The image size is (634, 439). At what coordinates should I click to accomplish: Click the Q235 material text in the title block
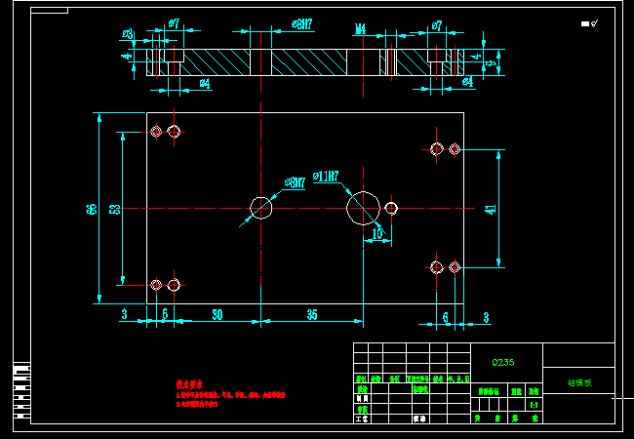[503, 362]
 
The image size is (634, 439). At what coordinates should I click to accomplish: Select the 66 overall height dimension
[91, 209]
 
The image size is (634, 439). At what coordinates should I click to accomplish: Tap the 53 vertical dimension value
[115, 209]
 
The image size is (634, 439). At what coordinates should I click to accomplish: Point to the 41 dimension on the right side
[490, 207]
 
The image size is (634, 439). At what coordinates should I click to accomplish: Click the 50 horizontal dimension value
[217, 314]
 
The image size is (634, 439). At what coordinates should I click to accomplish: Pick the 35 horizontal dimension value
[312, 314]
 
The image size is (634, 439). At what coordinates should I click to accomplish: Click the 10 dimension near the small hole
[377, 234]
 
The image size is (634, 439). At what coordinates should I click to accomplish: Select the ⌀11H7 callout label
[326, 178]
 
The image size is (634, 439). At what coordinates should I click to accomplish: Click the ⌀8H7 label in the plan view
[296, 182]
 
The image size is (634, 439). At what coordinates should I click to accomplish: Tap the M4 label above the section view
[360, 29]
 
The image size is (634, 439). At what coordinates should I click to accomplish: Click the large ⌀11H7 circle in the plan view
[363, 208]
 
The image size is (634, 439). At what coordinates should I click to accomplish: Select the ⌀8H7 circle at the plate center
[261, 208]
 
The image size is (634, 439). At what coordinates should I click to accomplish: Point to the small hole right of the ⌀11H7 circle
[391, 208]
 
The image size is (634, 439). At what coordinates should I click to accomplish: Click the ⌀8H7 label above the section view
[302, 24]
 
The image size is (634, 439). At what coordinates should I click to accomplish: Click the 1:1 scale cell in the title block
[534, 404]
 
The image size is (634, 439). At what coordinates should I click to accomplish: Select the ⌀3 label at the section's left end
[128, 34]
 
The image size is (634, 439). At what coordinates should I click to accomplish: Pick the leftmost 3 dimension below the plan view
[124, 314]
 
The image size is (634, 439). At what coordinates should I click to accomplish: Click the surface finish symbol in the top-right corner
[589, 23]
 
